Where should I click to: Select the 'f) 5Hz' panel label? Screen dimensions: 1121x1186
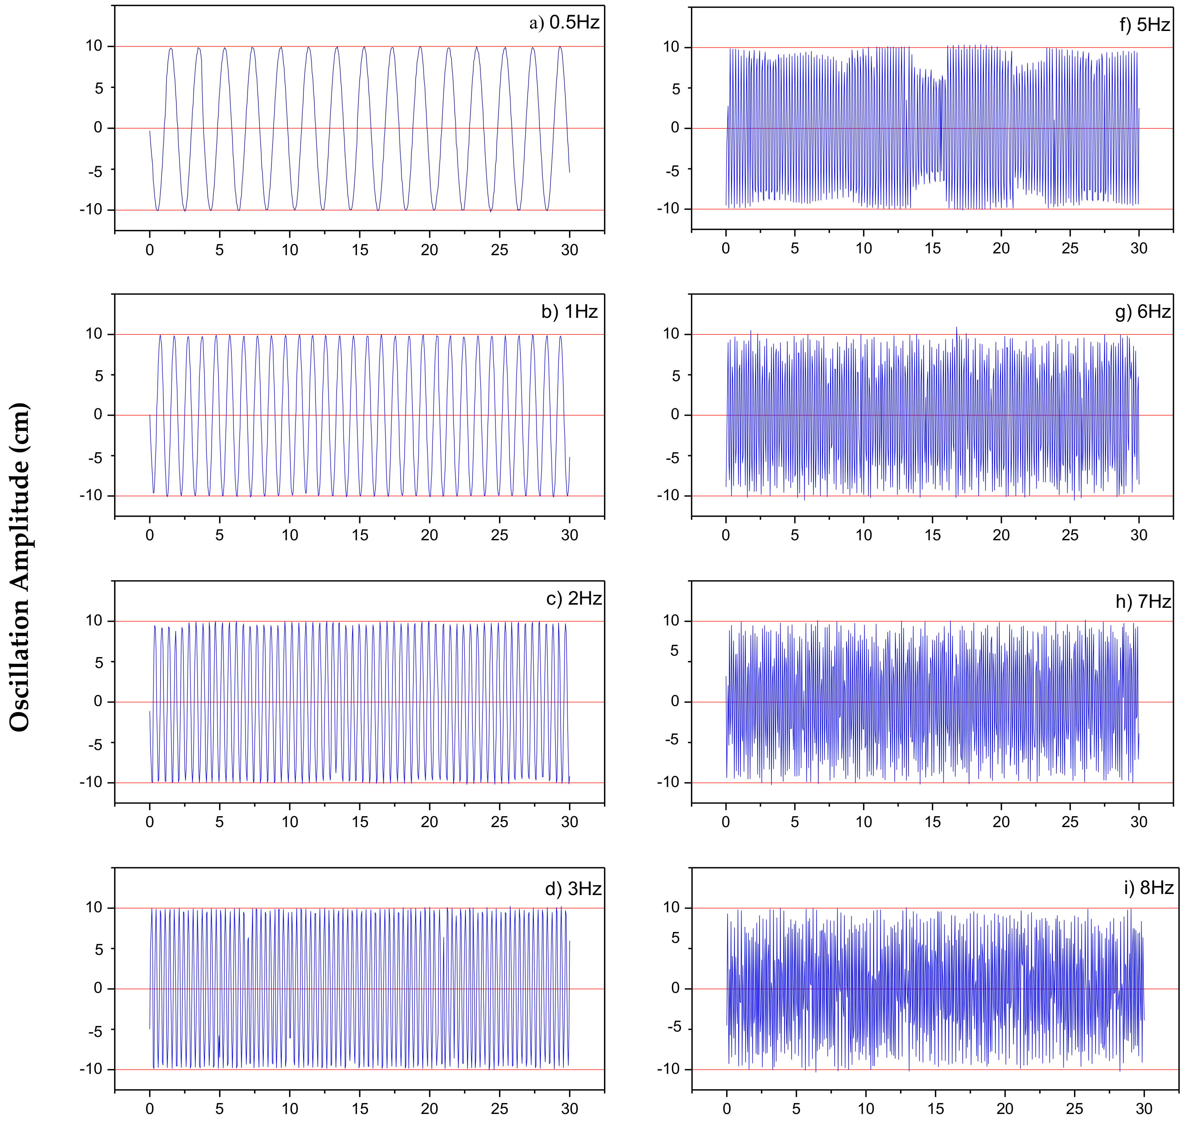coord(1144,25)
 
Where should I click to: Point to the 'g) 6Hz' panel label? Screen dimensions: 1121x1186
coord(1142,311)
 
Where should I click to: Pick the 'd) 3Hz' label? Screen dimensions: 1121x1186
coord(573,889)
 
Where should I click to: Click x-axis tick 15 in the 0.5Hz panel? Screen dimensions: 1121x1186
coord(360,250)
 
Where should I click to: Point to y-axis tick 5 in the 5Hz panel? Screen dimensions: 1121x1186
coord(675,89)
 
